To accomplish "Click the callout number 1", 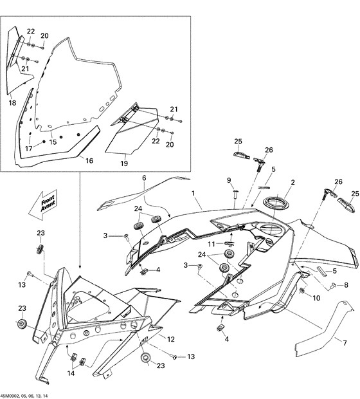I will (x=193, y=192).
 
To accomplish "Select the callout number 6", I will (x=144, y=177).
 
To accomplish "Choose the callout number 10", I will (x=316, y=298).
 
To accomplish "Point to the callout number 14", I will (x=71, y=373).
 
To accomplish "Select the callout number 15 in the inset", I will (x=53, y=142).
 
